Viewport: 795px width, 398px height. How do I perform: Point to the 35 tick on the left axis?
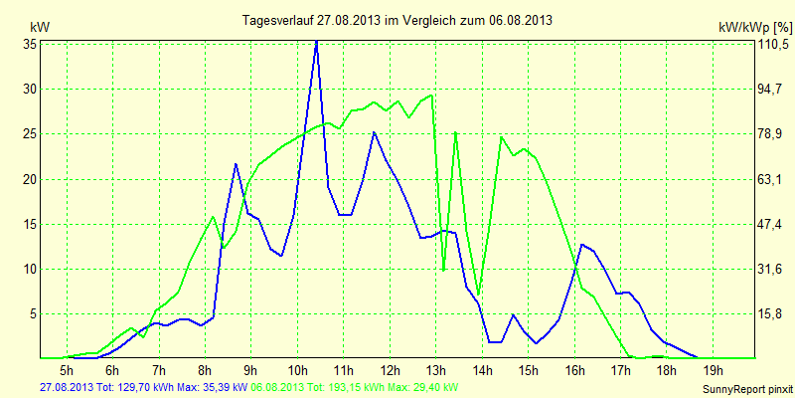pyautogui.click(x=30, y=45)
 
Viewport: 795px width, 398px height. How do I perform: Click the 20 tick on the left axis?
pyautogui.click(x=30, y=179)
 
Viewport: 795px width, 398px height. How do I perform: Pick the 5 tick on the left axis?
pyautogui.click(x=33, y=313)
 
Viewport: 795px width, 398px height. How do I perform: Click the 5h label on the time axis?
pyautogui.click(x=68, y=369)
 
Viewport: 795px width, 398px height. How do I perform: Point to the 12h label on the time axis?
pyautogui.click(x=390, y=369)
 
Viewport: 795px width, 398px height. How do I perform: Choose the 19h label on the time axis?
pyautogui.click(x=713, y=369)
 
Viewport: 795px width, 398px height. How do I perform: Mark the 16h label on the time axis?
pyautogui.click(x=574, y=369)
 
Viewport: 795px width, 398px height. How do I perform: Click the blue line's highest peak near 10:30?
pyautogui.click(x=317, y=42)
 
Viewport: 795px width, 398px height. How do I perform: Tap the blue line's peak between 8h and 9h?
pyautogui.click(x=236, y=163)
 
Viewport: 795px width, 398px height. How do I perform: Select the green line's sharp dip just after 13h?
pyautogui.click(x=443, y=270)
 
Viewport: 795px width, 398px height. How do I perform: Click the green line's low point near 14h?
pyautogui.click(x=478, y=296)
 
